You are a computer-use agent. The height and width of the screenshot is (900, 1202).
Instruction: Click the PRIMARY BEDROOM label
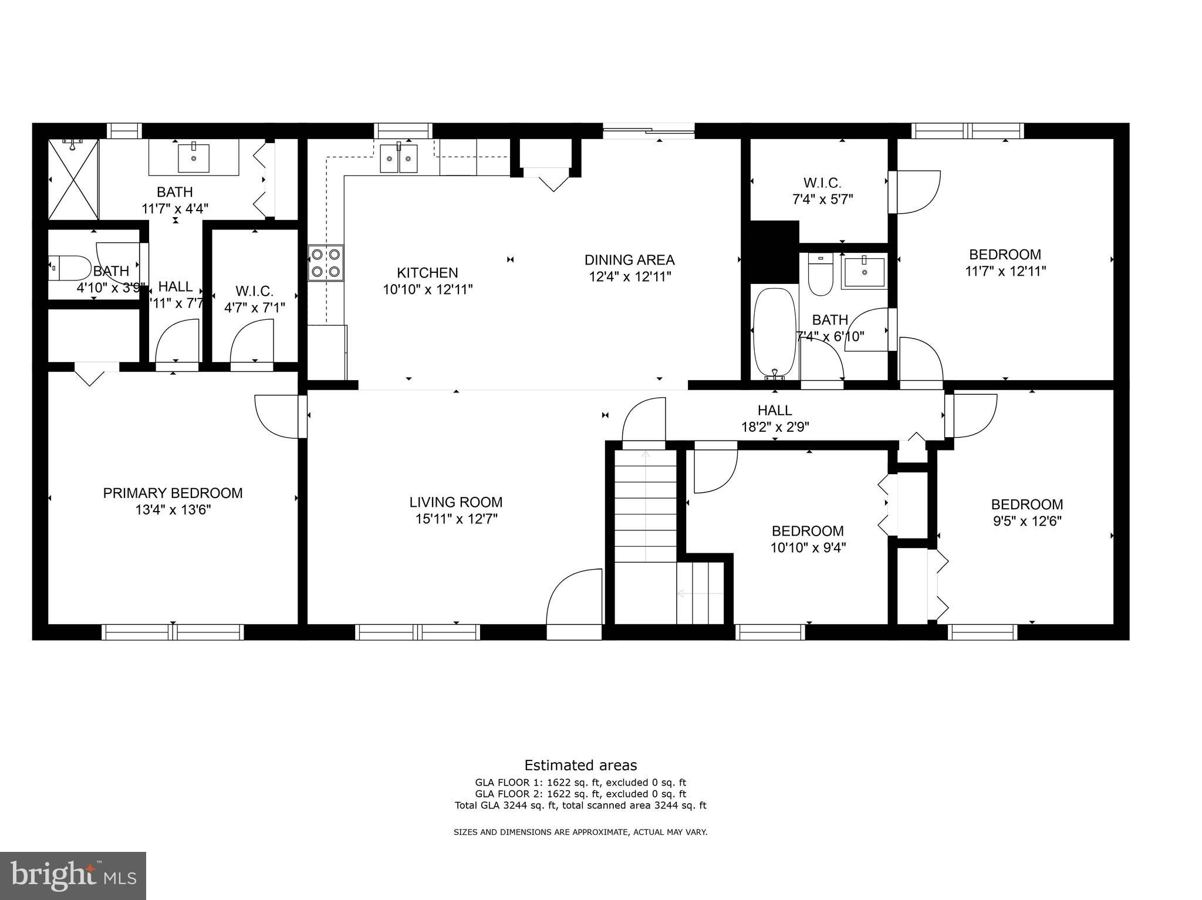click(x=173, y=493)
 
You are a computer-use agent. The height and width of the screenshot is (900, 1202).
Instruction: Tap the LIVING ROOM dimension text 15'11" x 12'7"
click(x=456, y=519)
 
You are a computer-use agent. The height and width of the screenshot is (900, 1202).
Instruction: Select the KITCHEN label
click(x=427, y=273)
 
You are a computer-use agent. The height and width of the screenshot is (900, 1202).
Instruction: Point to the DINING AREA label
click(x=629, y=260)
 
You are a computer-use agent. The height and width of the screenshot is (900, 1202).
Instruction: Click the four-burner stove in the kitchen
click(x=326, y=263)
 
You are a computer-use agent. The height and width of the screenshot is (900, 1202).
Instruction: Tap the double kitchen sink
click(x=399, y=158)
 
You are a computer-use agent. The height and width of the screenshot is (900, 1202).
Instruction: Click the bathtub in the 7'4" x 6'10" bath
click(x=775, y=331)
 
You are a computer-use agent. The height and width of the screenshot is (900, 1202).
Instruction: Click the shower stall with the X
click(x=73, y=179)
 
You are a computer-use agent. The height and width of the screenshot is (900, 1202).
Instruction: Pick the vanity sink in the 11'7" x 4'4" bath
click(x=193, y=157)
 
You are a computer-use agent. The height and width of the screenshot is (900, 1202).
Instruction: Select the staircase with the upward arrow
click(x=646, y=505)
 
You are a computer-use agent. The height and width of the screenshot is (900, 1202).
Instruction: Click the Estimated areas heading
click(x=580, y=765)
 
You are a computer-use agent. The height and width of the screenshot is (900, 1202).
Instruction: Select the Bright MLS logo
click(x=73, y=875)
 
